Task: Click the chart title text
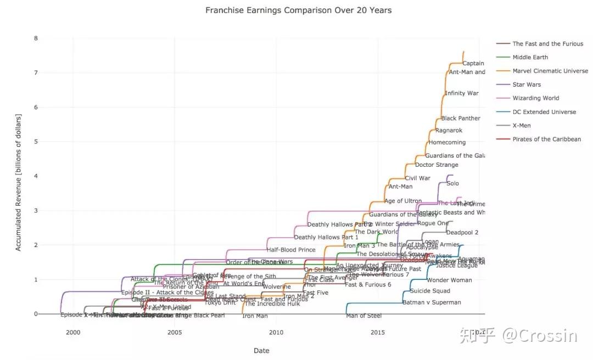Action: [x=298, y=10]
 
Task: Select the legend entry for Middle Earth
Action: [x=530, y=57]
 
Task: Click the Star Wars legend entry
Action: [x=526, y=85]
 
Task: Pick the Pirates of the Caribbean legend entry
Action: [x=546, y=139]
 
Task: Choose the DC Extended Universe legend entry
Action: [x=544, y=112]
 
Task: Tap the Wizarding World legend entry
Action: [x=535, y=98]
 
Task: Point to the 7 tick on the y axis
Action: [x=36, y=73]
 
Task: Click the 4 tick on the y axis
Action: [x=36, y=176]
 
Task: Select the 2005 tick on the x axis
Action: [x=175, y=333]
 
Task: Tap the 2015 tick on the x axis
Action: [x=378, y=333]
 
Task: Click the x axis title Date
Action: [x=261, y=351]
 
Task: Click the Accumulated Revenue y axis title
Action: [x=18, y=183]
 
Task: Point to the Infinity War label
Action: [x=461, y=93]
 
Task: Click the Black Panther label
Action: [x=460, y=119]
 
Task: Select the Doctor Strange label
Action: [x=437, y=165]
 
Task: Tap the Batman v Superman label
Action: [x=432, y=302]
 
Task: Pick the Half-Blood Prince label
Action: [x=291, y=250]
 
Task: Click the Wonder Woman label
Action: [x=449, y=280]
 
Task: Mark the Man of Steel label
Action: [x=363, y=316]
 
